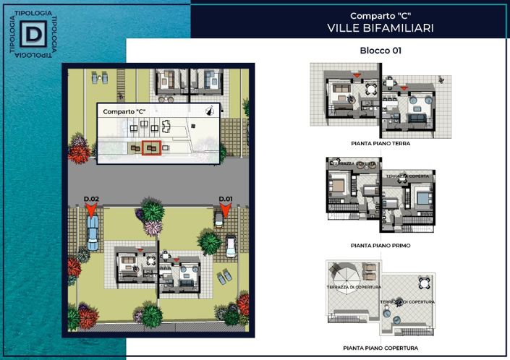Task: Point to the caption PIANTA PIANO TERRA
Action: coord(380,144)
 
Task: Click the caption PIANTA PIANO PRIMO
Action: coord(380,246)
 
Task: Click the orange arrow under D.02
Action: coord(91,210)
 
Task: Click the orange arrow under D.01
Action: coord(225,209)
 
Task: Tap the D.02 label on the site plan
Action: coord(91,198)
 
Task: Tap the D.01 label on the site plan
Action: coord(226,198)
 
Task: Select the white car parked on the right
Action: coord(231,247)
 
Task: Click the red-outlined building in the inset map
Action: coord(151,148)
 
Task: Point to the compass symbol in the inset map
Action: coord(211,111)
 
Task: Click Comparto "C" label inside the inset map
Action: coord(124,112)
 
